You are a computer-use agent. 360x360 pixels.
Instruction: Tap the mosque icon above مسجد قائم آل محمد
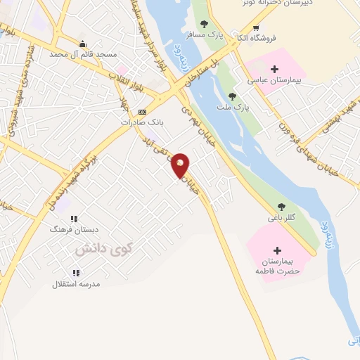(83, 44)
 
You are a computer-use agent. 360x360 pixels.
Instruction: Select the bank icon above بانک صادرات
(142, 112)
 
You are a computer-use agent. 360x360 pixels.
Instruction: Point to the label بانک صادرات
(142, 122)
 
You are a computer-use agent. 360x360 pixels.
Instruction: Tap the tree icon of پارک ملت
(232, 96)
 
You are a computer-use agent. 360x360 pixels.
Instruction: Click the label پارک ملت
(240, 106)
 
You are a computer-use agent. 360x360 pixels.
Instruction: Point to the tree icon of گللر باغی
(281, 207)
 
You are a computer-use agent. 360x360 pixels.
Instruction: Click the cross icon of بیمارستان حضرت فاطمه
(277, 250)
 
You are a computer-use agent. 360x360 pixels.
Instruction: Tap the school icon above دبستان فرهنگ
(74, 219)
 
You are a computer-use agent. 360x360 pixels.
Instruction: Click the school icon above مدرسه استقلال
(75, 273)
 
